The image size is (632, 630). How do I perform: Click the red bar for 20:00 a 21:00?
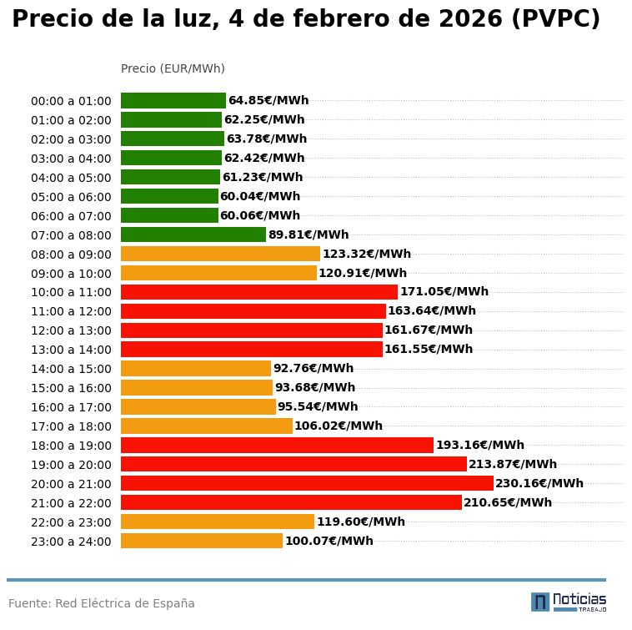point(307,483)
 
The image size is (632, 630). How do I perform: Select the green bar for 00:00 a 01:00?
point(173,100)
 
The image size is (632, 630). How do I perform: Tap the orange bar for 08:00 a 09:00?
point(220,254)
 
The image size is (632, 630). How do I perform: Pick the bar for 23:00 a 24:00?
point(202,541)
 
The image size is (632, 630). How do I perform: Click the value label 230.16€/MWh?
point(539,483)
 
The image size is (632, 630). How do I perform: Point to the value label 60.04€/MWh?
point(260,196)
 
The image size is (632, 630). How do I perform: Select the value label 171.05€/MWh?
point(444,291)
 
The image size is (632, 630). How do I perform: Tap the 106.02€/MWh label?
point(339,426)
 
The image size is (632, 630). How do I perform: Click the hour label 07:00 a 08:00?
point(71,235)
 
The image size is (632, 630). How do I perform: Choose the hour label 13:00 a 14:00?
point(71,350)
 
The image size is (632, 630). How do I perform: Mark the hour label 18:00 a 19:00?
point(71,446)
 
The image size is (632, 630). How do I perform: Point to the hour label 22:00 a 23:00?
point(71,522)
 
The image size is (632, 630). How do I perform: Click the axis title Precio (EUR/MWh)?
point(173,68)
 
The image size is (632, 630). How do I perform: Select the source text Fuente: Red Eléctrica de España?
point(102,603)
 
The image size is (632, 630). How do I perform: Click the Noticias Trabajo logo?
point(569,602)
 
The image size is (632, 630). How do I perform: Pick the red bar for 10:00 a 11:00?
point(259,291)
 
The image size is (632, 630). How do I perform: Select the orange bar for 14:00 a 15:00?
point(196,368)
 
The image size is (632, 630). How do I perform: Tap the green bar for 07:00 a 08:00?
point(193,234)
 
